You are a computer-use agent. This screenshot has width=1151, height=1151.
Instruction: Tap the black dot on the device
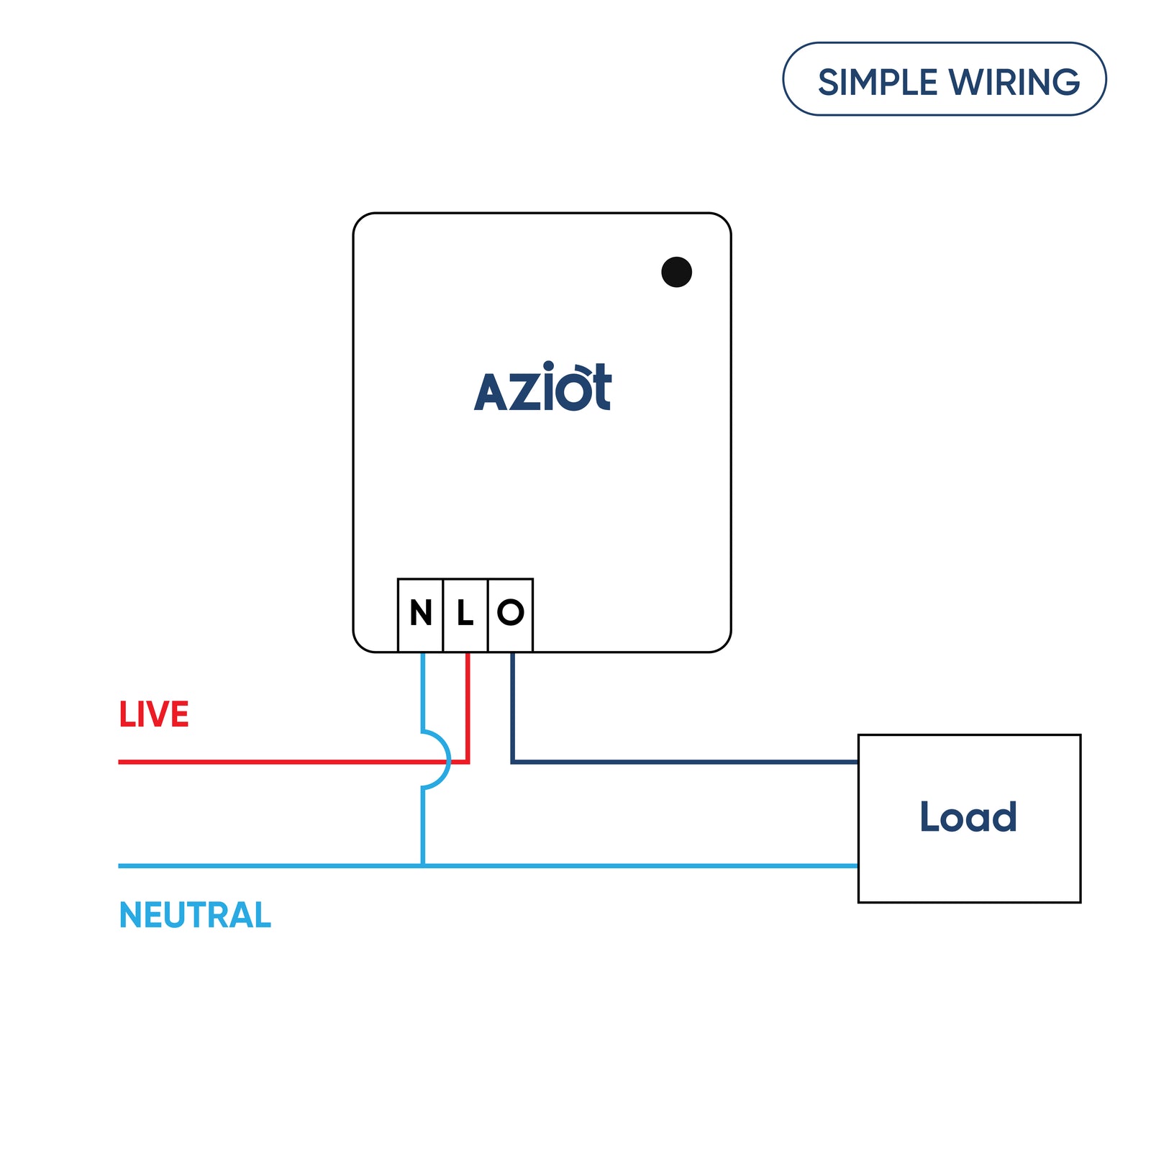coord(676,272)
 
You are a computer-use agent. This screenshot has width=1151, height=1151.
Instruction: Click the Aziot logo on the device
coord(542,388)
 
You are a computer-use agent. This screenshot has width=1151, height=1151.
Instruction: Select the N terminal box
coord(420,614)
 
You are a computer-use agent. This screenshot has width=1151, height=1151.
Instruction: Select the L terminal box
coord(465,614)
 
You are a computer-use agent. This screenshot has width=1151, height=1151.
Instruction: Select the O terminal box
coord(510,614)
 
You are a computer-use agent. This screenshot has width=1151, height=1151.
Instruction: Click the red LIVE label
coord(154,715)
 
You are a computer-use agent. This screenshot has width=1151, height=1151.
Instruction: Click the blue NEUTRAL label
coord(195,915)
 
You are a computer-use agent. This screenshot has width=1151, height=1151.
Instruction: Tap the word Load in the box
coord(968,817)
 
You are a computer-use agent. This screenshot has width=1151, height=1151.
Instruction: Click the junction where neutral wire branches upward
coord(423,865)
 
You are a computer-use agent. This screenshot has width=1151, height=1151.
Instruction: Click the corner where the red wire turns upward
coord(468,761)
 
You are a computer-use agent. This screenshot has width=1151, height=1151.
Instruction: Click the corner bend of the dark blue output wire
coord(512,761)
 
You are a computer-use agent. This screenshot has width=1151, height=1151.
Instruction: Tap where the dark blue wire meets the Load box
coord(857,761)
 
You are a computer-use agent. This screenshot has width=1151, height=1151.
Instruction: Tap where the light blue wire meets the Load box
coord(857,865)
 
